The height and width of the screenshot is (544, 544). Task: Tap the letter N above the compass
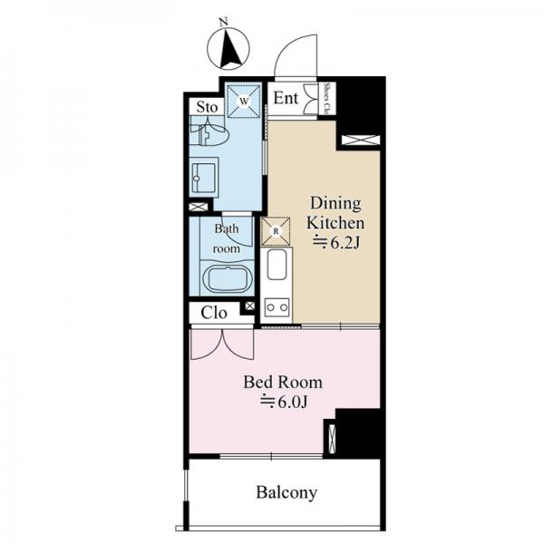pyautogui.click(x=224, y=23)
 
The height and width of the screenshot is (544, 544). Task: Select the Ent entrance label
pyautogui.click(x=286, y=98)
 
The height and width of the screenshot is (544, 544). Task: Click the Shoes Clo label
pyautogui.click(x=326, y=98)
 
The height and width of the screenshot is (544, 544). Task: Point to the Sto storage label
pyautogui.click(x=207, y=107)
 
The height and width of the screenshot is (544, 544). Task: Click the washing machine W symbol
pyautogui.click(x=244, y=102)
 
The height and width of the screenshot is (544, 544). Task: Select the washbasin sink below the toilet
pyautogui.click(x=204, y=178)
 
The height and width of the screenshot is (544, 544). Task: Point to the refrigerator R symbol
pyautogui.click(x=276, y=231)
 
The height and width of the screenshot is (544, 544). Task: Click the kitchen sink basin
pyautogui.click(x=277, y=265)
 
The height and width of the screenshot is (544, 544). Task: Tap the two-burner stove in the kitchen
pyautogui.click(x=277, y=307)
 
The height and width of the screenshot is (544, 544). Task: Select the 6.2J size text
pyautogui.click(x=336, y=242)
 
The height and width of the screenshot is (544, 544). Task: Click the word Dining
pyautogui.click(x=335, y=203)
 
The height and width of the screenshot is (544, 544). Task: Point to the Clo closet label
pyautogui.click(x=214, y=313)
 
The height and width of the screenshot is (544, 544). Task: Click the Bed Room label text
pyautogui.click(x=283, y=382)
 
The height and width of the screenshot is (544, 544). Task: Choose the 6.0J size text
pyautogui.click(x=284, y=402)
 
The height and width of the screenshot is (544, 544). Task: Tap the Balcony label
pyautogui.click(x=287, y=492)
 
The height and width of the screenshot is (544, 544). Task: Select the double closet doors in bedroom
pyautogui.click(x=222, y=345)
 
